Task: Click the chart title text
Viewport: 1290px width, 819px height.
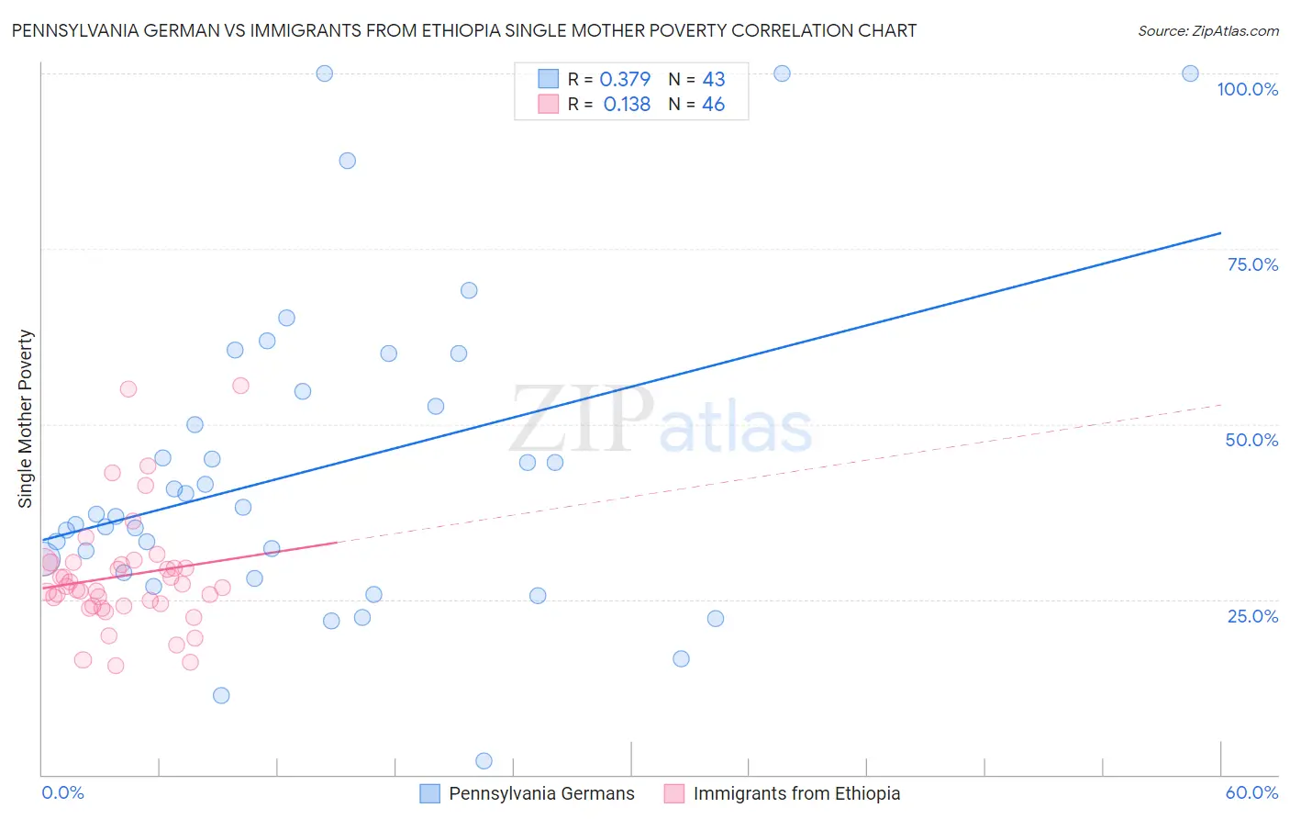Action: coord(464,30)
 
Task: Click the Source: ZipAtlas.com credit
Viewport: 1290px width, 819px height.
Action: coord(1207,30)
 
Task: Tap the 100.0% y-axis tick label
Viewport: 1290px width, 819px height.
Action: coord(1247,89)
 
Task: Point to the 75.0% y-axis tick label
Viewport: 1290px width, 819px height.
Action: coord(1252,264)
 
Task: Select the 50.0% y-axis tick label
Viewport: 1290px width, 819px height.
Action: coord(1251,440)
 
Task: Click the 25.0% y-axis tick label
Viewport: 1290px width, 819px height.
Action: coord(1252,615)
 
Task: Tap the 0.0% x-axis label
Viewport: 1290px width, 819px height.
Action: coord(62,792)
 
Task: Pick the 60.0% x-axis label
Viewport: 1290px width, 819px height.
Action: coord(1251,792)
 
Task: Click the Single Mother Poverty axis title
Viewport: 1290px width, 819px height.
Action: coord(26,419)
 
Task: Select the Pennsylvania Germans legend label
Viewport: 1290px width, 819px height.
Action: coord(541,793)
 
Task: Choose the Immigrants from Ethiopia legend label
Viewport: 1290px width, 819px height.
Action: coord(796,793)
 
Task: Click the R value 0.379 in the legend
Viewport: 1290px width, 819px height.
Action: coord(625,80)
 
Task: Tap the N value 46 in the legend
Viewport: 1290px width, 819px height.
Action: coord(713,105)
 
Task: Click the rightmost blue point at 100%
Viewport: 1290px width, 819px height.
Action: coord(1190,73)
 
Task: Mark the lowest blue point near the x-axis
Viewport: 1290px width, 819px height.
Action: coord(484,760)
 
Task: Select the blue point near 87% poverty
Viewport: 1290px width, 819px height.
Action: coord(347,161)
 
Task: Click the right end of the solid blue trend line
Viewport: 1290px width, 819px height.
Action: coord(1220,233)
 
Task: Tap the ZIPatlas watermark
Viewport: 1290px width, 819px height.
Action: coord(661,420)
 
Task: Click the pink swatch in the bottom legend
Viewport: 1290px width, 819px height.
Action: coord(674,793)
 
